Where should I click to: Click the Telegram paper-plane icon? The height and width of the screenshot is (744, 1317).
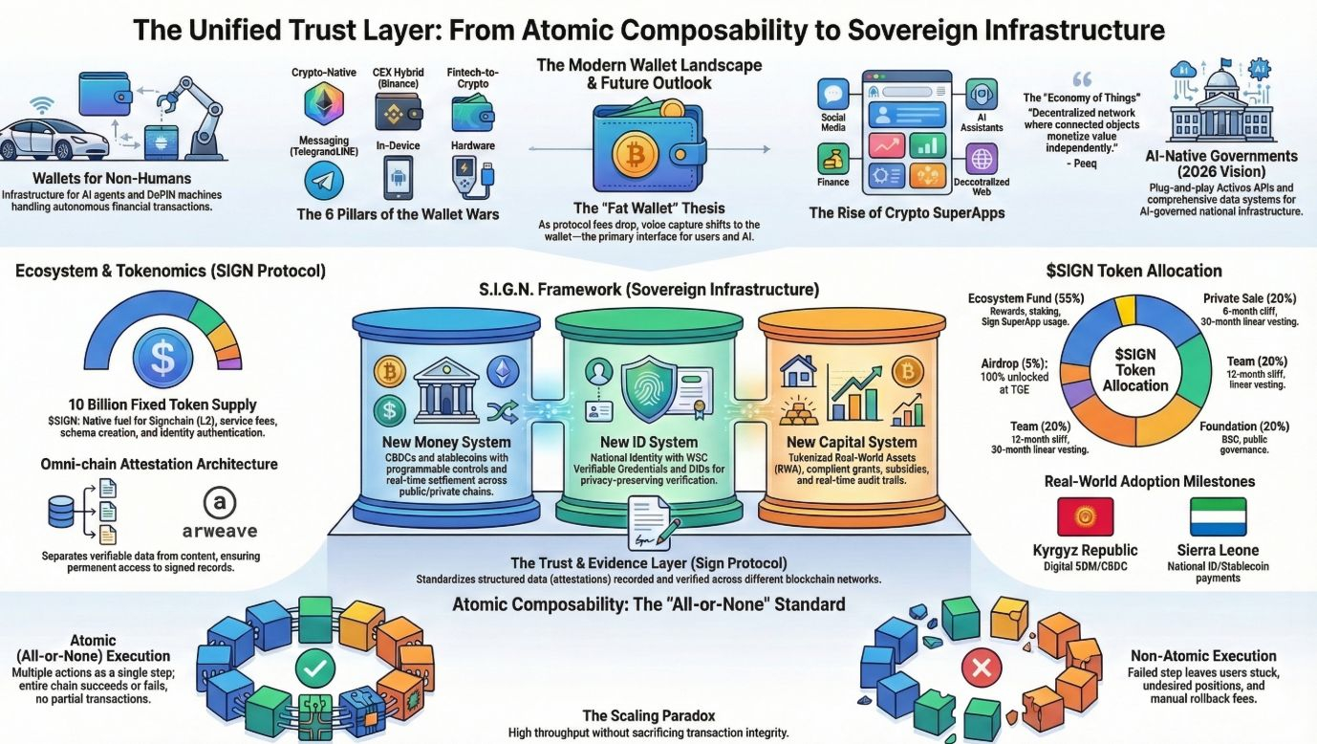pyautogui.click(x=323, y=180)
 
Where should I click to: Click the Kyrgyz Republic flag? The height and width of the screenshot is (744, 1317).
pyautogui.click(x=1085, y=516)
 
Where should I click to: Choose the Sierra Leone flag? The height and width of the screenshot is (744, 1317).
pyautogui.click(x=1218, y=516)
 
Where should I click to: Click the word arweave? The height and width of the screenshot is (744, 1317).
pyautogui.click(x=219, y=530)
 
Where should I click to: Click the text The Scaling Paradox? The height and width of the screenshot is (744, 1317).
pyautogui.click(x=649, y=715)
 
